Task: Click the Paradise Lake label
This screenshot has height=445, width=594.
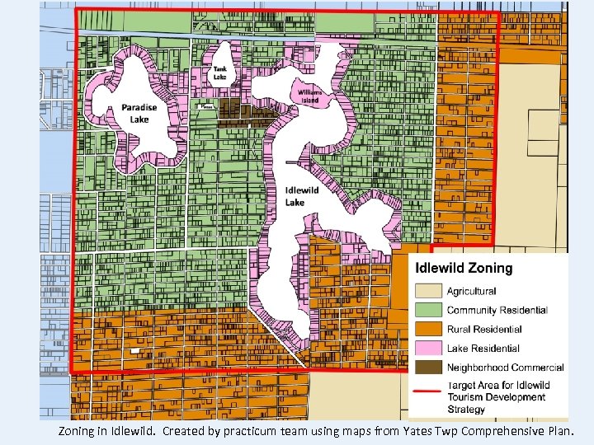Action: click(x=139, y=113)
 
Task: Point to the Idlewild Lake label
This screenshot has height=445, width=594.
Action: click(x=296, y=197)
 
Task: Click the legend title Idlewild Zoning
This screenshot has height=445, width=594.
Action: click(x=463, y=268)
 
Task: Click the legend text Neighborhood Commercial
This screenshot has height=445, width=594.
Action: click(x=505, y=368)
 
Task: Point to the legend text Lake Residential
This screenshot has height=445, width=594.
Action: click(x=483, y=349)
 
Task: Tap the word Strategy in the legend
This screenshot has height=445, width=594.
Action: click(x=466, y=409)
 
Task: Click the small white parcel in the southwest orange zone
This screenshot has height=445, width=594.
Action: click(x=134, y=350)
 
